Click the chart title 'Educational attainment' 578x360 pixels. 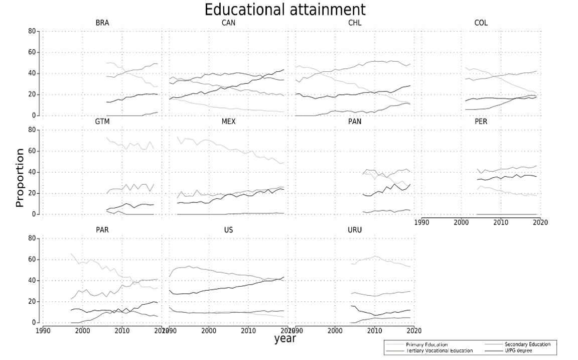[x=285, y=10]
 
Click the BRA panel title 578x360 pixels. [x=102, y=23]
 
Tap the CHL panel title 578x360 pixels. [x=355, y=23]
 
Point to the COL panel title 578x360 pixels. [x=481, y=23]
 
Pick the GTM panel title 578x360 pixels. [x=102, y=122]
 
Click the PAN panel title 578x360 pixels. [x=355, y=122]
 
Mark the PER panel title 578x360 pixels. [x=481, y=122]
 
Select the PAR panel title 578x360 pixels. [x=102, y=230]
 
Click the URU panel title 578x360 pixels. [x=355, y=230]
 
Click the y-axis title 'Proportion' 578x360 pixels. [x=20, y=178]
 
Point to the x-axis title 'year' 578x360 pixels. [x=285, y=338]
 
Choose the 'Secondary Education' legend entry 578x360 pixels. [x=528, y=344]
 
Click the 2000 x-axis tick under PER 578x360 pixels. [x=461, y=222]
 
